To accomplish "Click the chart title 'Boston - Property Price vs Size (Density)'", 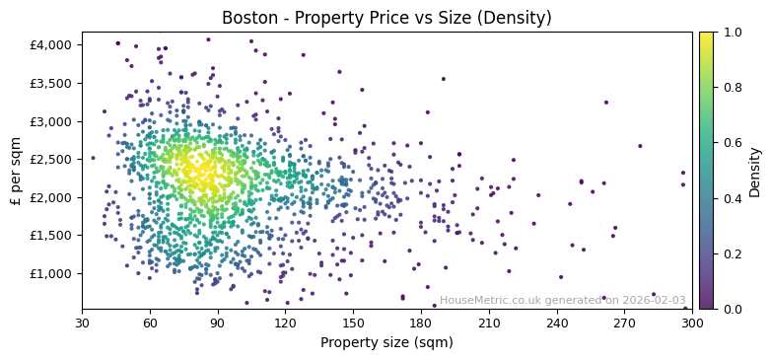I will tap(386, 18).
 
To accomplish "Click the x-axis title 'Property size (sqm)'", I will tap(386, 342).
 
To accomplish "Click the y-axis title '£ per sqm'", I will tap(16, 171).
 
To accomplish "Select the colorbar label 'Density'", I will tap(754, 171).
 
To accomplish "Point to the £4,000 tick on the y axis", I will tap(50, 44).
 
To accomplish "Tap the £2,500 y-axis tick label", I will tap(50, 159).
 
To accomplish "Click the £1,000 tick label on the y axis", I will tap(50, 273).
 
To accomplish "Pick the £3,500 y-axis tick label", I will tap(50, 83).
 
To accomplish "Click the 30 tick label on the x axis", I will tap(82, 323).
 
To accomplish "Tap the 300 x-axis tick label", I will tap(692, 323).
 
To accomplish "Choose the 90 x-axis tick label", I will tap(218, 323).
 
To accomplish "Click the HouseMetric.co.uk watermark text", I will tap(562, 300).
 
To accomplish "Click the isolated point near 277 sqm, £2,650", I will tap(640, 146).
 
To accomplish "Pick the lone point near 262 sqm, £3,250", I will tap(606, 102).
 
